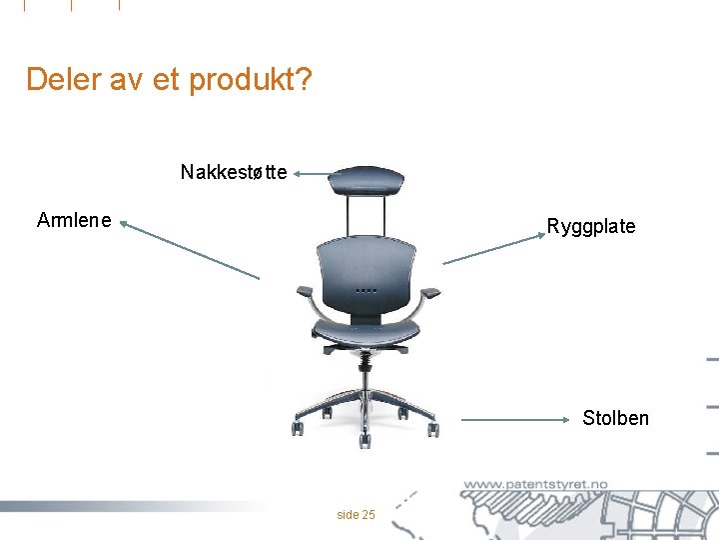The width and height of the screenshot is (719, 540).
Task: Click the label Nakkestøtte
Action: (234, 172)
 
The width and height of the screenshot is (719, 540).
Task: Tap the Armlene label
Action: (74, 220)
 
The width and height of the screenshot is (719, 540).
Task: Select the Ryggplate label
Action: (590, 226)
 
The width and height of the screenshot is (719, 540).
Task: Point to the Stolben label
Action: (615, 418)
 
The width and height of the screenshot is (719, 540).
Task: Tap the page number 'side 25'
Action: (357, 515)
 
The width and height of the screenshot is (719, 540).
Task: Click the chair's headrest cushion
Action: (366, 181)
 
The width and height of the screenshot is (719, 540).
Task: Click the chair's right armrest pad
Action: (429, 293)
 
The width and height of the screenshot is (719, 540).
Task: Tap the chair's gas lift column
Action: (365, 375)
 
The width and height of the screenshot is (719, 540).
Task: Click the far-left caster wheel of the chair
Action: (298, 429)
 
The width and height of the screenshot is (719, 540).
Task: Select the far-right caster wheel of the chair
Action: (433, 430)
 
